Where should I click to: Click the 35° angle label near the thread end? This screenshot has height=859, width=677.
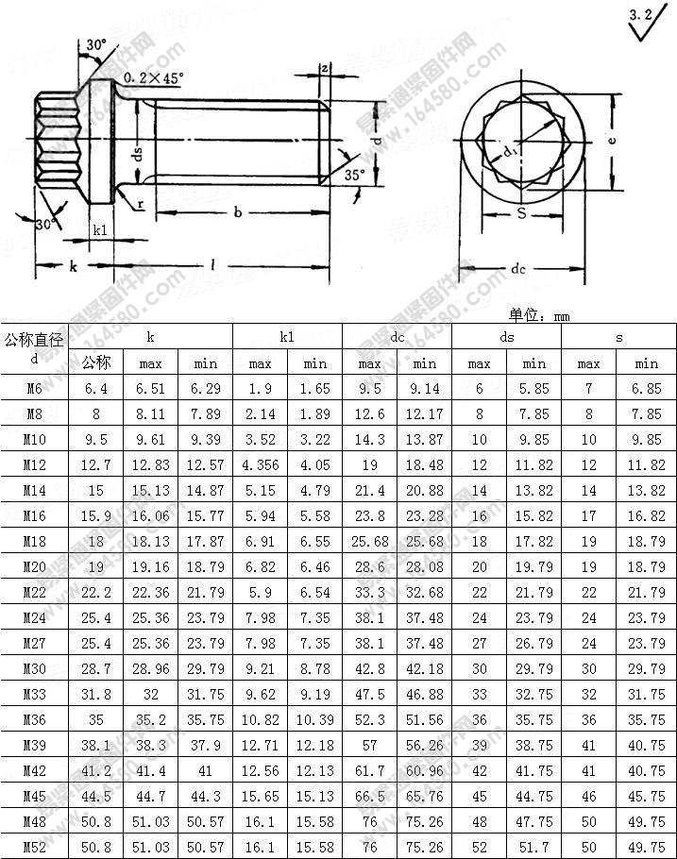pos(352,176)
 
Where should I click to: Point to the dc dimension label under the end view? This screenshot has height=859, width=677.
pos(517,269)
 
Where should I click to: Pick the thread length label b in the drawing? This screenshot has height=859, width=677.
pos(238,213)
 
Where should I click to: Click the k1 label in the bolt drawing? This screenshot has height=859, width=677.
pos(101,229)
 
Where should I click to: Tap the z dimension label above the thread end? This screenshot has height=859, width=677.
pos(323,68)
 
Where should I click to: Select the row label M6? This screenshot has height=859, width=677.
pos(34,388)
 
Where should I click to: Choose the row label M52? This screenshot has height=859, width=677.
pos(34,846)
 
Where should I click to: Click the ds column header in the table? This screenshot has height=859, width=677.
pos(507,336)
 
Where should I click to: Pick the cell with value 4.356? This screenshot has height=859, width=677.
pos(260,464)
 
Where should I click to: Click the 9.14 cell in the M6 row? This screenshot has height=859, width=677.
pos(424,388)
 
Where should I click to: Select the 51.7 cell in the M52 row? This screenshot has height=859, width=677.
pos(534,846)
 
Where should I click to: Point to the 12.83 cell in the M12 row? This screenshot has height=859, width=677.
pos(151,464)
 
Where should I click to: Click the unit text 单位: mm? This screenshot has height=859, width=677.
pos(539,316)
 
